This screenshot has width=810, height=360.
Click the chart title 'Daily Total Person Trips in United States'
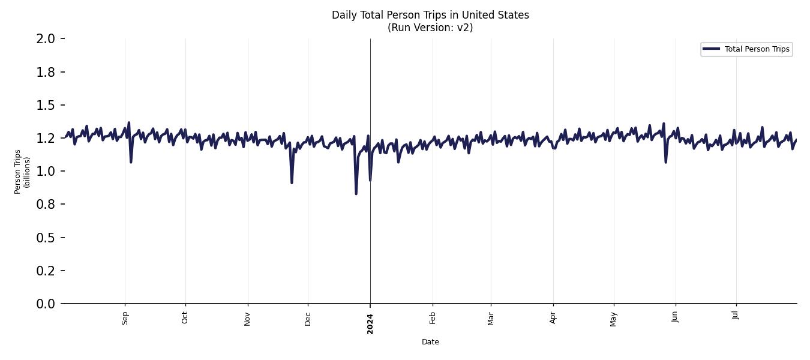pyautogui.click(x=430, y=15)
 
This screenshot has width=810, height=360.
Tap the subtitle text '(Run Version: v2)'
pyautogui.click(x=430, y=28)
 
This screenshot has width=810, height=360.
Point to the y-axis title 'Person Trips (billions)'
pyautogui.click(x=22, y=172)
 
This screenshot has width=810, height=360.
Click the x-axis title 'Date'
pyautogui.click(x=430, y=342)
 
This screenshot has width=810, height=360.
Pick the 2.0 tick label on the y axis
pyautogui.click(x=46, y=39)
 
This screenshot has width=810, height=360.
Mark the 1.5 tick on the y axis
pyautogui.click(x=46, y=105)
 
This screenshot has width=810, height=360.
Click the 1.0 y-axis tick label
pyautogui.click(x=46, y=172)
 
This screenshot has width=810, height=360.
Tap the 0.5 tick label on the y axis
pyautogui.click(x=46, y=238)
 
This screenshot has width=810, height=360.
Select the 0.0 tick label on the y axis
pyautogui.click(x=46, y=304)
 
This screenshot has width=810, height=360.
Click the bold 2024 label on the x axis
pyautogui.click(x=370, y=323)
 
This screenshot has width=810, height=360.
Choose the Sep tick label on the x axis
pyautogui.click(x=125, y=318)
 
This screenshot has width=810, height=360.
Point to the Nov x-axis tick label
pyautogui.click(x=247, y=318)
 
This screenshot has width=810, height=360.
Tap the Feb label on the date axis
pyautogui.click(x=433, y=318)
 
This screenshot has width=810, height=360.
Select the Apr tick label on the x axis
pyautogui.click(x=553, y=318)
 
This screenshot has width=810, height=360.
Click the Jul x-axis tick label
pyautogui.click(x=736, y=316)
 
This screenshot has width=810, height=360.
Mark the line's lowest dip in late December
pyautogui.click(x=356, y=194)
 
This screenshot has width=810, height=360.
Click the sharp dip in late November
pyautogui.click(x=292, y=182)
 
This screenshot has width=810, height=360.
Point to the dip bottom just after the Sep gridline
pyautogui.click(x=131, y=162)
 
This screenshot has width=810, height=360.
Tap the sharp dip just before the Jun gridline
pyautogui.click(x=665, y=162)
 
